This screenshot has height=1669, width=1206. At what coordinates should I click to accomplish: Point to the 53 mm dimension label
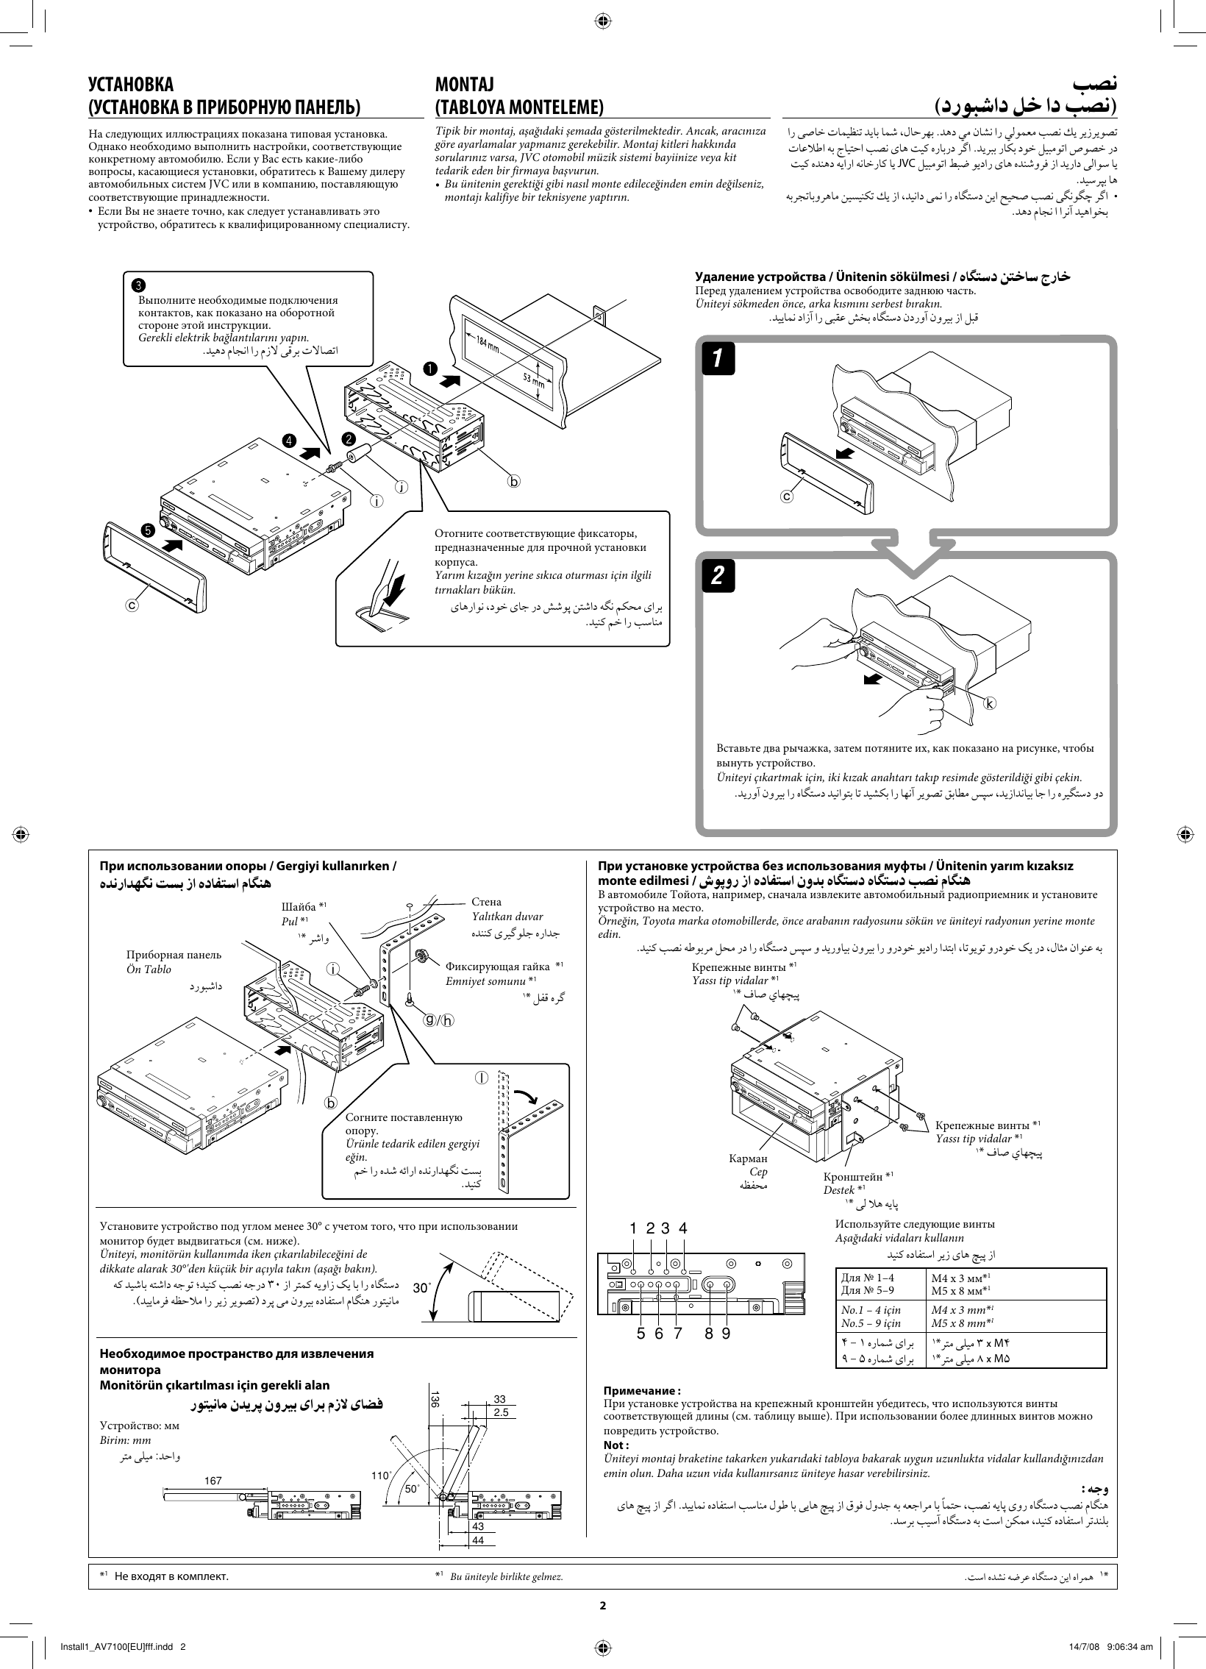point(534,380)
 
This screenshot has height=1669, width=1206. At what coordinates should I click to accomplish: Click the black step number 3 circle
point(138,285)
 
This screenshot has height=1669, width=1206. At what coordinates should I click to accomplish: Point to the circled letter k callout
point(990,702)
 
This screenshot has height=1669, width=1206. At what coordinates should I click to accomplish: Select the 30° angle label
point(421,1288)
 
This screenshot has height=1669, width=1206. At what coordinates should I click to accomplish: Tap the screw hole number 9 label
point(726,1333)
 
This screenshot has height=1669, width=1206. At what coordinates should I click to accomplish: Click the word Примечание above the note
point(641,1390)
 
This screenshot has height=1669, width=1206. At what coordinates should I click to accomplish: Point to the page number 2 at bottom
point(602,1604)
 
